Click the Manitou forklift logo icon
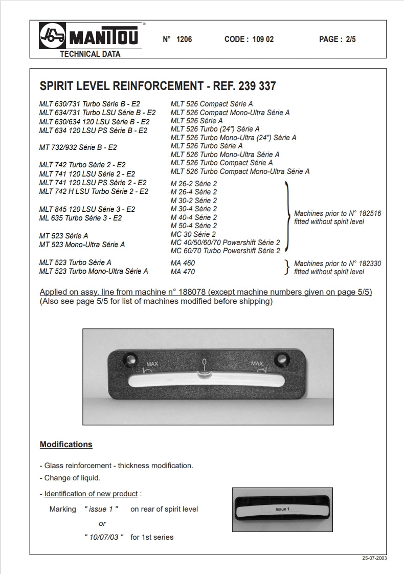[53, 36]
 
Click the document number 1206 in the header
[184, 39]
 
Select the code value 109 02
[263, 39]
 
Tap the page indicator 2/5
[348, 39]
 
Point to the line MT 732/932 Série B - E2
[78, 147]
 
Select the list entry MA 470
[183, 272]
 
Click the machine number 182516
[366, 213]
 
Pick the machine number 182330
[366, 263]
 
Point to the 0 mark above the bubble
[204, 363]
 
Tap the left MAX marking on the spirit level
[152, 364]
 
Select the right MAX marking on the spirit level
[257, 364]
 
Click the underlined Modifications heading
[66, 445]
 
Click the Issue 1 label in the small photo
[282, 509]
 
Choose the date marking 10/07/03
[104, 537]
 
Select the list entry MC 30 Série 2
[193, 234]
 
